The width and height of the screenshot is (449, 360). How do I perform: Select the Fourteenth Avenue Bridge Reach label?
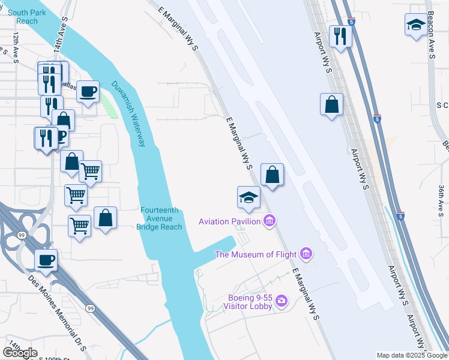[x=159, y=218]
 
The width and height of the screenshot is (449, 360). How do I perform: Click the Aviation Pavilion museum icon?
[x=270, y=222]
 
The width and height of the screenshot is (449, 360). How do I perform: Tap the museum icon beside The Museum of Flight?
[x=307, y=255]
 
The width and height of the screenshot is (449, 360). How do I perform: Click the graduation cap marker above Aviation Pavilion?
[x=249, y=197]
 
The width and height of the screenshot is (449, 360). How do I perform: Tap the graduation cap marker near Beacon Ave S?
[x=415, y=25]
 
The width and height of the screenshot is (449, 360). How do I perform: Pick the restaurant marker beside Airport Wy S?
[x=340, y=37]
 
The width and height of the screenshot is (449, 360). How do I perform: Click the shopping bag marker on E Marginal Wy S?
[x=272, y=175]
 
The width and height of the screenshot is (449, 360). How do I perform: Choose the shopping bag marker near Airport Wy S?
[x=331, y=105]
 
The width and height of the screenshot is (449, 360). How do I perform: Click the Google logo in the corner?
[x=20, y=353]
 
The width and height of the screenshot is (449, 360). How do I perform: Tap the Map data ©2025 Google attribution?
[x=412, y=355]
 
